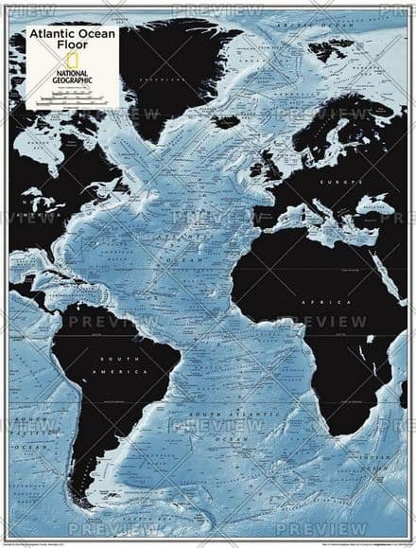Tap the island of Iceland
click(x=226, y=120)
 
